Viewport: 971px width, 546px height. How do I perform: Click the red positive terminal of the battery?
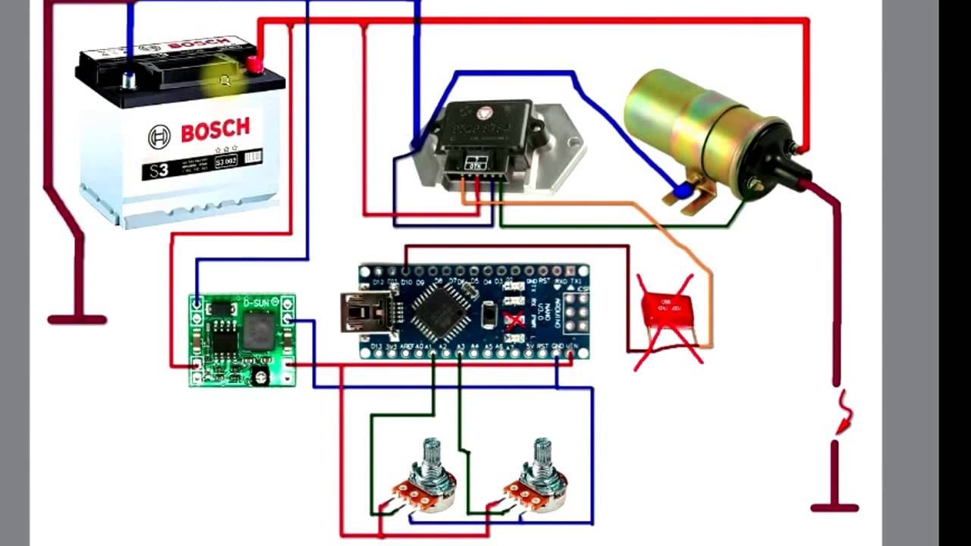point(254,66)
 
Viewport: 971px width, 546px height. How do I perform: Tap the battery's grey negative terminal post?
point(129,78)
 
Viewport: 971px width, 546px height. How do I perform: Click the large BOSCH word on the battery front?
point(215,130)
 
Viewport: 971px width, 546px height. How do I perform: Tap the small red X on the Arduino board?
point(514,320)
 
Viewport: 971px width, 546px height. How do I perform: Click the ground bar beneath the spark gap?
point(834,508)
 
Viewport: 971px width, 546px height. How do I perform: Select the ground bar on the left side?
point(77,319)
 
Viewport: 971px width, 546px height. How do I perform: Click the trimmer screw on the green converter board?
point(260,374)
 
